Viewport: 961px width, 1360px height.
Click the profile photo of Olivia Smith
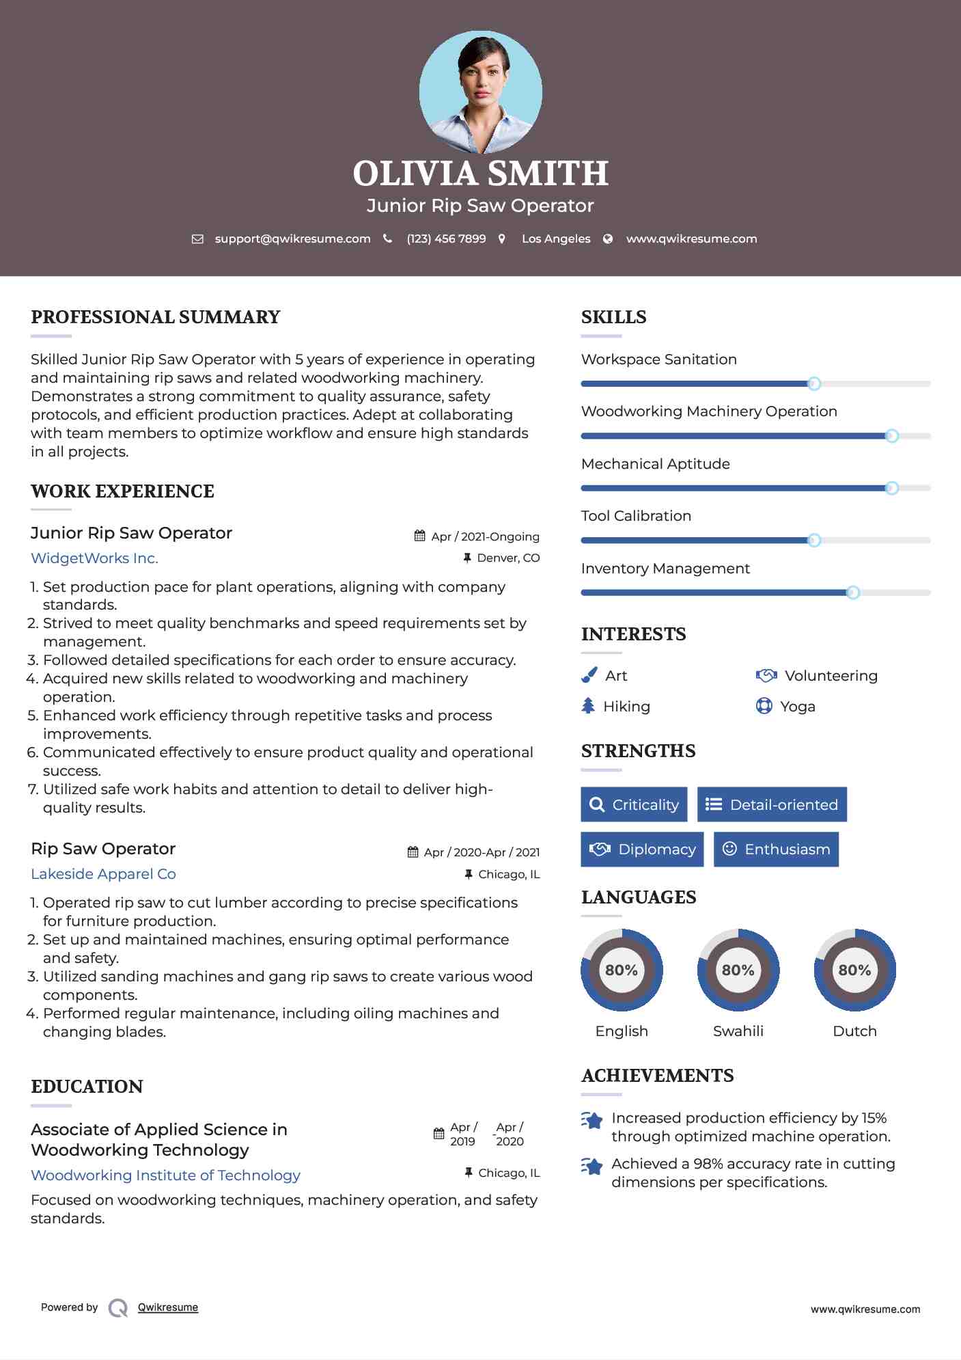click(x=480, y=92)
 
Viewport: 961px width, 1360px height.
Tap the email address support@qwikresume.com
click(x=292, y=239)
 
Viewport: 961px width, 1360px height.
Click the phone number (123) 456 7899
click(x=446, y=239)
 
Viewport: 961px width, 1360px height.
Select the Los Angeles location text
click(x=555, y=239)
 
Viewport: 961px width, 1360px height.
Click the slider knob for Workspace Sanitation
click(x=813, y=383)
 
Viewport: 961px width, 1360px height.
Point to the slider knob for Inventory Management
click(x=852, y=593)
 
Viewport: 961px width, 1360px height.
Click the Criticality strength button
click(x=634, y=804)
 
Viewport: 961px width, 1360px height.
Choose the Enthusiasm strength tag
click(x=776, y=849)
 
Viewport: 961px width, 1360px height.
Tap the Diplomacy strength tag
click(x=642, y=849)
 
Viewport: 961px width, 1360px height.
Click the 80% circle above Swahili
click(x=738, y=970)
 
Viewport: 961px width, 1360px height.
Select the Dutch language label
click(x=854, y=1031)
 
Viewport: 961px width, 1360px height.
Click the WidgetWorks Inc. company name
click(x=94, y=558)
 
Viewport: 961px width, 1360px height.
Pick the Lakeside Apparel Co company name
click(x=103, y=874)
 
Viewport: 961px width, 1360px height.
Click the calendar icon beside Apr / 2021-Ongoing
click(x=419, y=536)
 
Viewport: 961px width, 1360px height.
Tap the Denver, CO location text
click(x=508, y=558)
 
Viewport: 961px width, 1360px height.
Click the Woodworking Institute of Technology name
click(x=165, y=1175)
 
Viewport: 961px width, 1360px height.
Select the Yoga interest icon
click(x=764, y=706)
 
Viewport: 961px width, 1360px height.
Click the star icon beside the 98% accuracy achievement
click(x=592, y=1166)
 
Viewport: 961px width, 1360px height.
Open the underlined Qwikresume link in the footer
click(x=168, y=1307)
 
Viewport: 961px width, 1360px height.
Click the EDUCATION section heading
click(x=87, y=1087)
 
